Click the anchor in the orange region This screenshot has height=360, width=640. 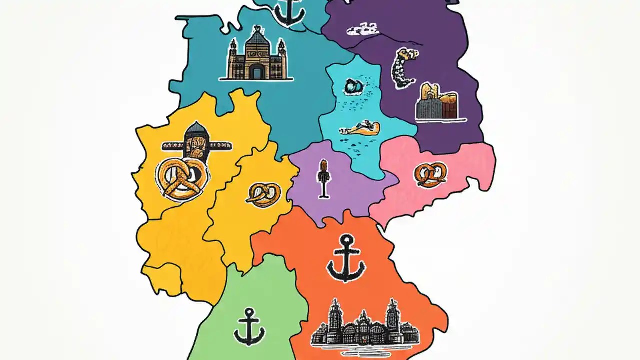coord(345,258)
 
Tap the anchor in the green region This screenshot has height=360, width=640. coord(249,327)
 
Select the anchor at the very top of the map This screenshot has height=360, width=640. coord(290,11)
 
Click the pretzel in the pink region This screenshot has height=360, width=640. coord(430,175)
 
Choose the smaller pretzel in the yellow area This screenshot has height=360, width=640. coord(263,194)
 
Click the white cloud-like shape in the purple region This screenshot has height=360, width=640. coord(362,29)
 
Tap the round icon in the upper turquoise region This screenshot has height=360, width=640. coord(352,87)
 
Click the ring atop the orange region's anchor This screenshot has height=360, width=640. coord(345,240)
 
